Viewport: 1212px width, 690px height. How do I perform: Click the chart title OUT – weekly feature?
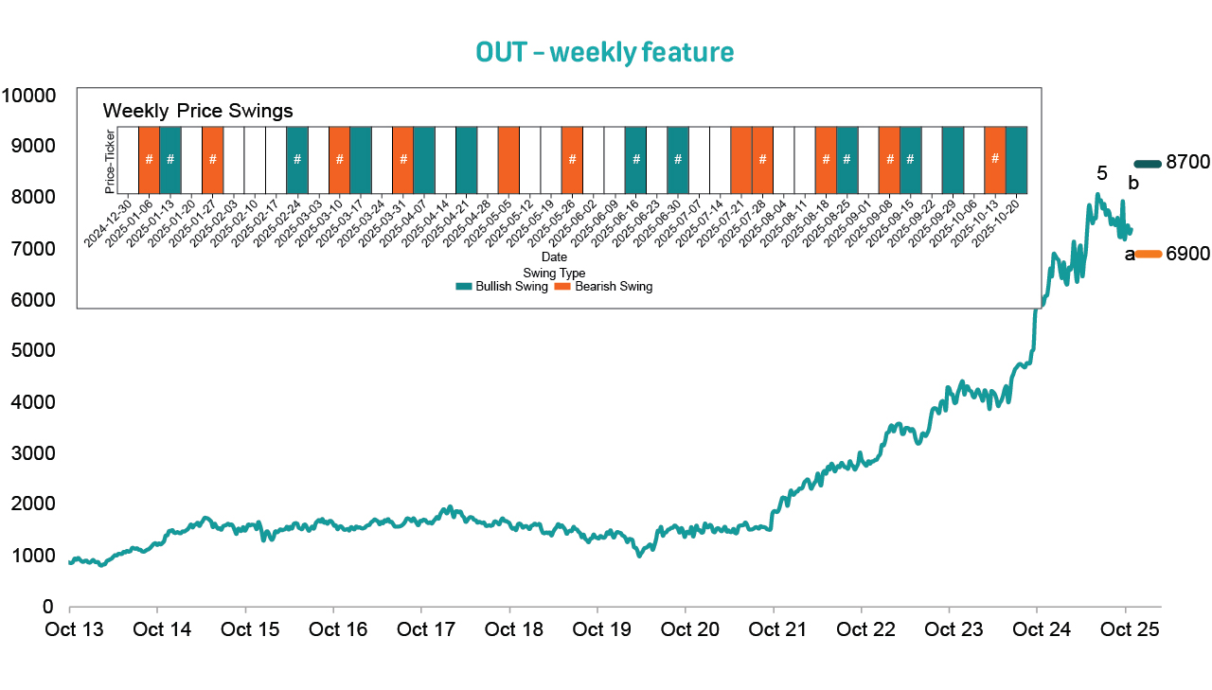605,53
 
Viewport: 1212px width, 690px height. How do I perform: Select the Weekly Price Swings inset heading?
197,111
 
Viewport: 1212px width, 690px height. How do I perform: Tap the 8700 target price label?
1187,163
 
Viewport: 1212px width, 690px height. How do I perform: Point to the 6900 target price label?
1187,254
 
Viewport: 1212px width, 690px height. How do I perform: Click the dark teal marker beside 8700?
1147,164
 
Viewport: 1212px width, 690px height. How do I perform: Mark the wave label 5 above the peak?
1101,173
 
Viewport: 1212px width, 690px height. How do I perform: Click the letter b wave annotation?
1132,184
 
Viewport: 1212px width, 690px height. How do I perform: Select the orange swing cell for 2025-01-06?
149,159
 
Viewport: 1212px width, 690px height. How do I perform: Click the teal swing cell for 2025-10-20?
1016,159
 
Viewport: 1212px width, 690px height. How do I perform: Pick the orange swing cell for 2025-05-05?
508,159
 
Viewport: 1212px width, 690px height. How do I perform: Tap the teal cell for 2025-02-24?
296,159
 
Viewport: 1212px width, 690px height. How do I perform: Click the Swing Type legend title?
554,274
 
